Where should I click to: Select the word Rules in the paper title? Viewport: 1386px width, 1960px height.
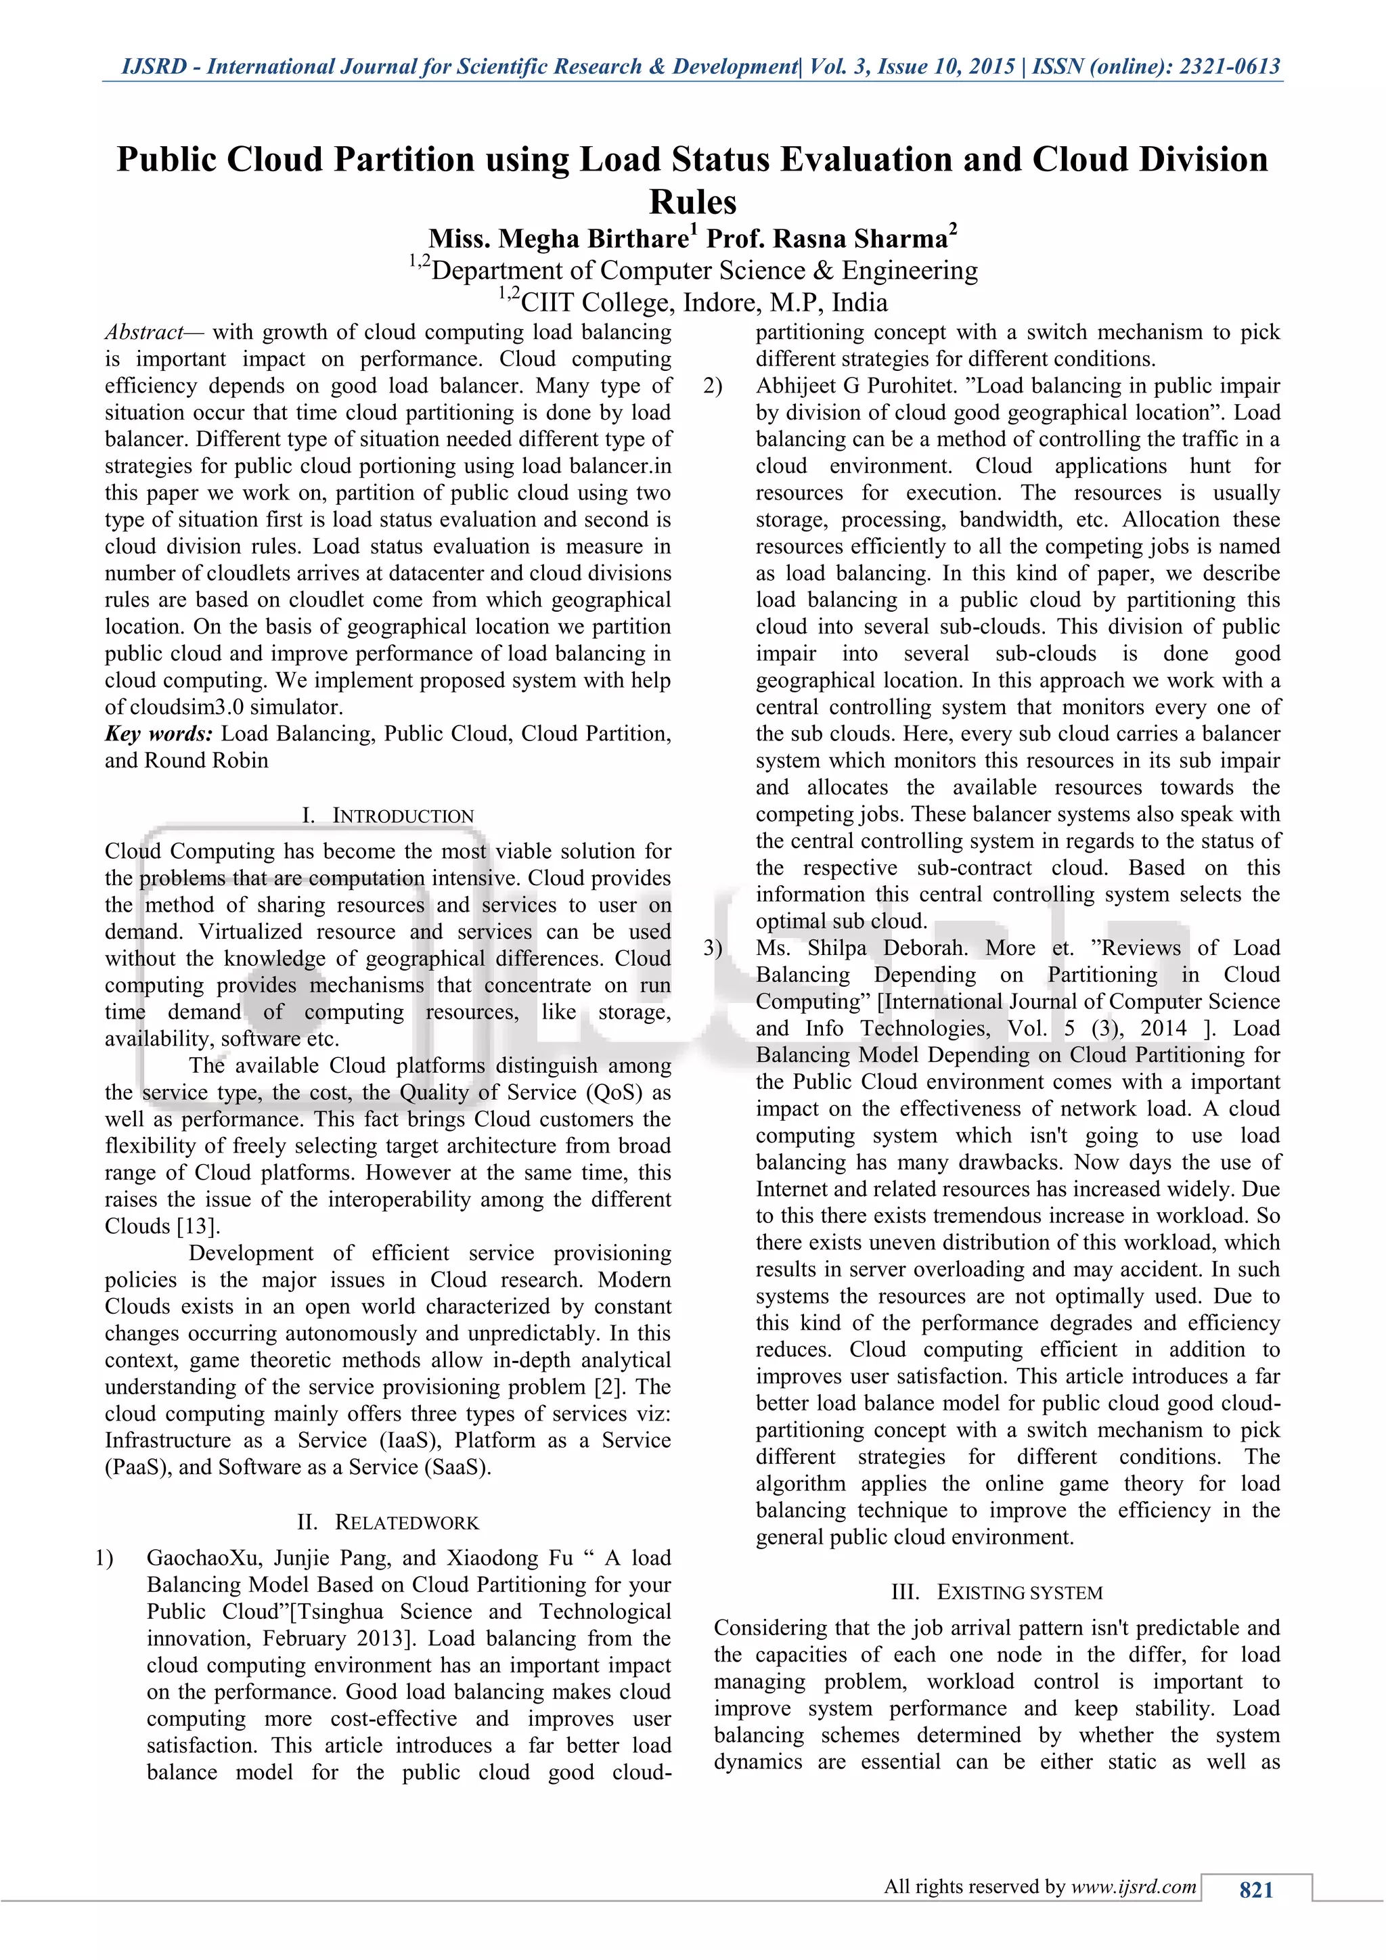pyautogui.click(x=692, y=202)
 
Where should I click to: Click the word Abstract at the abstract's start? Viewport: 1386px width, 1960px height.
pyautogui.click(x=144, y=332)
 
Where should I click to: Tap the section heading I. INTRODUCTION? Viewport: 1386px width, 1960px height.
pyautogui.click(x=388, y=816)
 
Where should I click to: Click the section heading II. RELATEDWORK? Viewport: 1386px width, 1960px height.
pyautogui.click(x=388, y=1522)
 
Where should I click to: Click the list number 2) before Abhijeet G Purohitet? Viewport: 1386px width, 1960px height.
pyautogui.click(x=713, y=386)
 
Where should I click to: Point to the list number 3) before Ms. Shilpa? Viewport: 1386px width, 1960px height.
pyautogui.click(x=713, y=948)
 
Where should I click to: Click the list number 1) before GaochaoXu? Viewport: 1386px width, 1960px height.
pyautogui.click(x=104, y=1558)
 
